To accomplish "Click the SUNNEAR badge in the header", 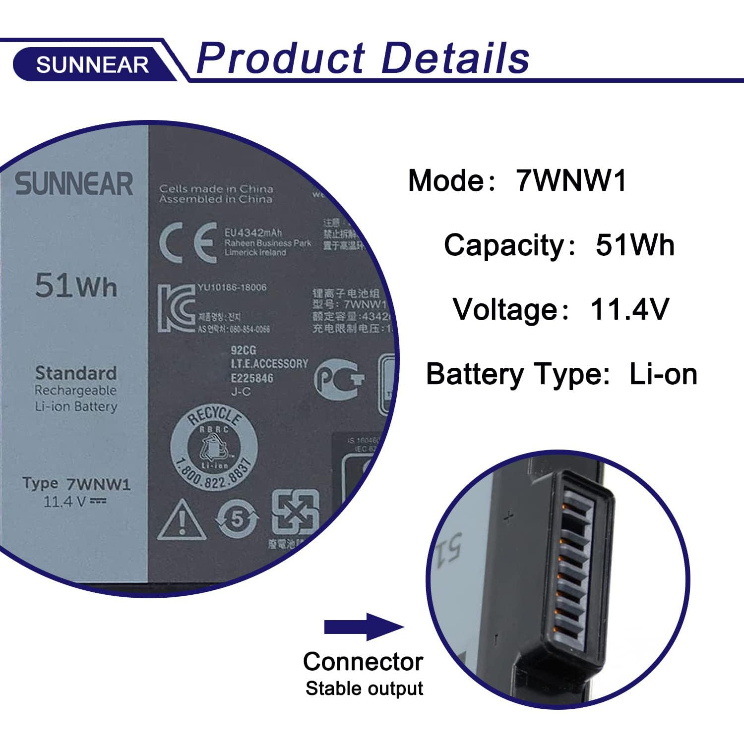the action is (x=92, y=64).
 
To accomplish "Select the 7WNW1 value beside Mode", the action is (x=571, y=180).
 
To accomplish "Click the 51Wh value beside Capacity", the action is (x=635, y=245).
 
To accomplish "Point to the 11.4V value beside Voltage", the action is (x=629, y=309).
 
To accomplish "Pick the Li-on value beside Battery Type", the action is (x=663, y=374).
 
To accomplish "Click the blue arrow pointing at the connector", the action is (x=364, y=627).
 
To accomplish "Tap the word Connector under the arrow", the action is (x=363, y=662).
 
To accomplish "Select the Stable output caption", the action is (x=364, y=688).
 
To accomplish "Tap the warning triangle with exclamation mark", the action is (x=182, y=520).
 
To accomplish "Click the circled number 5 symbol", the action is (x=238, y=519).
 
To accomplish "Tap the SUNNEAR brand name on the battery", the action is (x=74, y=184).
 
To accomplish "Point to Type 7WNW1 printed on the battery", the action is (x=77, y=484).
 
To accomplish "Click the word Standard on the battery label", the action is (x=76, y=373).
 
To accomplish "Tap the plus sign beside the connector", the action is (x=508, y=518).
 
